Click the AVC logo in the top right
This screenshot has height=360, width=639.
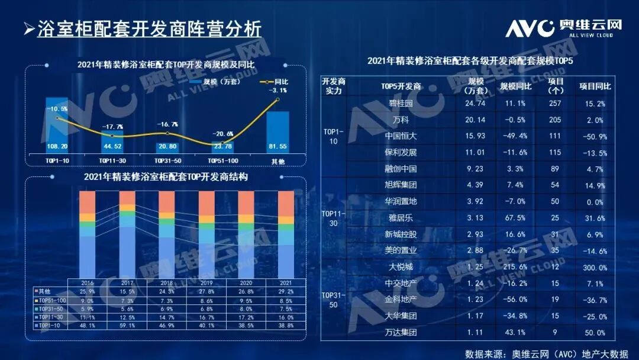563,27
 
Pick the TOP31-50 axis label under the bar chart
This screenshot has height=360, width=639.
168,160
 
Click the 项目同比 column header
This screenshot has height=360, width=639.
595,86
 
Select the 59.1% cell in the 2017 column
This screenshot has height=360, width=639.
128,326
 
